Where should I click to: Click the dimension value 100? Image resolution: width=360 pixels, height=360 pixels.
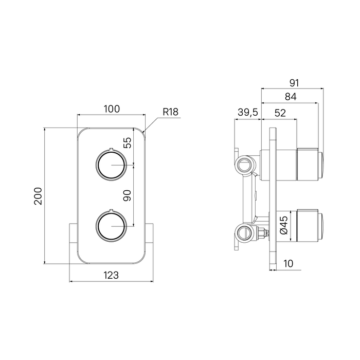pos(112,109)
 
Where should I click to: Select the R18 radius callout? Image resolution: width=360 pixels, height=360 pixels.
pos(170,112)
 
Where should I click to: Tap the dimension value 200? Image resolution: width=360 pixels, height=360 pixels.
pos(38,196)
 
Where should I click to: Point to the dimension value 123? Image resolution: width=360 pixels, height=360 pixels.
pos(111,275)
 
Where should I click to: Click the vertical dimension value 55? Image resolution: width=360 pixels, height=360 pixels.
pos(129,143)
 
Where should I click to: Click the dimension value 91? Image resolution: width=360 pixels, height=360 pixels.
pos(294,83)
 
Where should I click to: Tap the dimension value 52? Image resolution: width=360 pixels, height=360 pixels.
pos(280,114)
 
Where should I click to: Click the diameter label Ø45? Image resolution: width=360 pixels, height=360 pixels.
pos(283,225)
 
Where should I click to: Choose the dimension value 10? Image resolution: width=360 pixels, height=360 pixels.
pos(288,264)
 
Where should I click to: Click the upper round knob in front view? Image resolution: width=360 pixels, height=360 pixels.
pos(111,166)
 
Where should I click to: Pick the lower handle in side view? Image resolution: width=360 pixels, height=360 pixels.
pos(309,226)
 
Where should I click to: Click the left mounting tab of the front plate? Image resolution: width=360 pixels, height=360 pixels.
pos(73,242)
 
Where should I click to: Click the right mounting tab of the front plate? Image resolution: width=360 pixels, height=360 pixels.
pos(150,242)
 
